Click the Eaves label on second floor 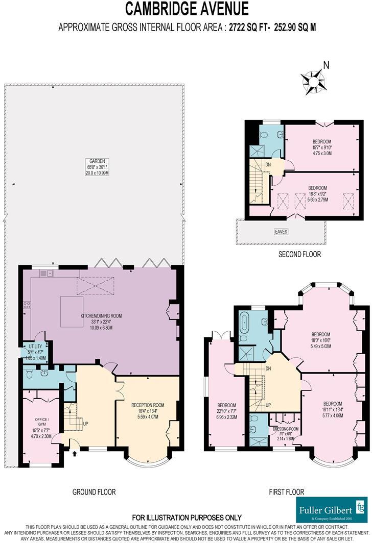(282, 232)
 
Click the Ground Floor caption (94, 492)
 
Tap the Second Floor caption (300, 254)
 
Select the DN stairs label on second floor (268, 165)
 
